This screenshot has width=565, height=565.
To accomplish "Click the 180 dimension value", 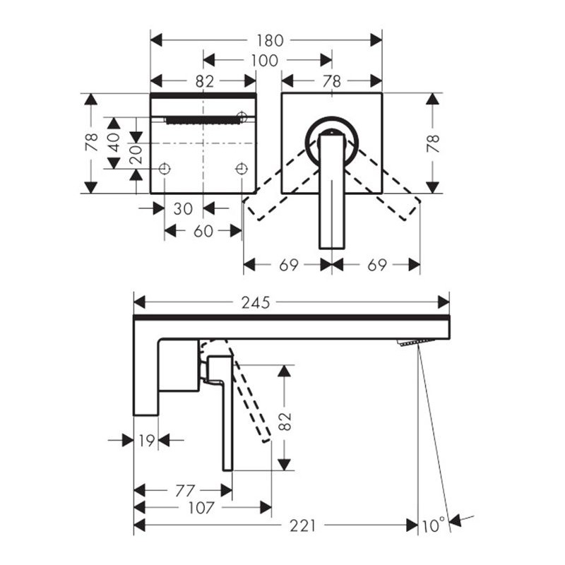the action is [x=270, y=40].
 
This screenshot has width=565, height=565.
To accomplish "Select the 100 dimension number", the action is [x=264, y=61].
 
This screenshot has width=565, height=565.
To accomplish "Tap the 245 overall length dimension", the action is [x=256, y=303].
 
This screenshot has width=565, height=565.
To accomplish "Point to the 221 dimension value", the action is [x=303, y=525].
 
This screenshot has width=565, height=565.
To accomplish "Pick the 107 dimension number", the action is [x=201, y=508].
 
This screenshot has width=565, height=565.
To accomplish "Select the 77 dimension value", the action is [x=185, y=491].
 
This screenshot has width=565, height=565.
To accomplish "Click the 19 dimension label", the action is [x=147, y=440].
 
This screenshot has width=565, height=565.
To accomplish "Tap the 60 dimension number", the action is [x=203, y=232].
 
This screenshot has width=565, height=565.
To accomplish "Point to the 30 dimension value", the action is [x=183, y=208].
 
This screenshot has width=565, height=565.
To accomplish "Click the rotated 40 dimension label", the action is [x=114, y=143].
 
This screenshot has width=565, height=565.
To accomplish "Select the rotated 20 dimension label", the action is [x=136, y=155].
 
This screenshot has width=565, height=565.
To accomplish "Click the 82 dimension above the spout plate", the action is [x=205, y=82].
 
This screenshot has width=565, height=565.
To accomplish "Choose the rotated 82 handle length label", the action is [x=285, y=421].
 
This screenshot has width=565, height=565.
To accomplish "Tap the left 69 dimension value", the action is [x=289, y=266].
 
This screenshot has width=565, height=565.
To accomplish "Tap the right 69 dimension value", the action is [x=377, y=266].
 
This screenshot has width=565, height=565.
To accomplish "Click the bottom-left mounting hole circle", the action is [x=165, y=168].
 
